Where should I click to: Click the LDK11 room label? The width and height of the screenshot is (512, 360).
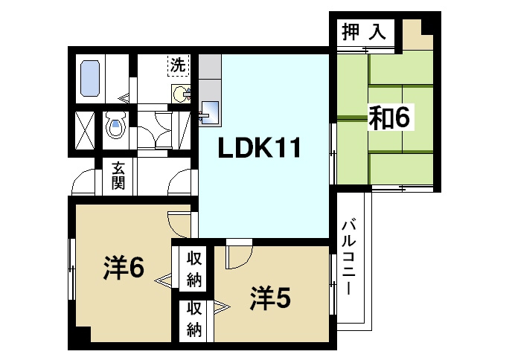point(258,150)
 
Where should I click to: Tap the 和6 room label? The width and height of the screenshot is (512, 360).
point(390,117)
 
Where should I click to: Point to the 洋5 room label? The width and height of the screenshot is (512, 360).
point(269,298)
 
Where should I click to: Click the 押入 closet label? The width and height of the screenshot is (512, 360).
point(364,32)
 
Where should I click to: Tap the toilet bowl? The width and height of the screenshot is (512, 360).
point(115,126)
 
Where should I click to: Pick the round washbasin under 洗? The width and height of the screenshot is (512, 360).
point(180,94)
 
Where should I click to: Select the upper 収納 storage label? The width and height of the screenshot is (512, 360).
point(194,269)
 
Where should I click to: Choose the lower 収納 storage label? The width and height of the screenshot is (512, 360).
point(194,318)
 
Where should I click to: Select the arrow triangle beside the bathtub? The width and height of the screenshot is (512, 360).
point(124,97)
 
